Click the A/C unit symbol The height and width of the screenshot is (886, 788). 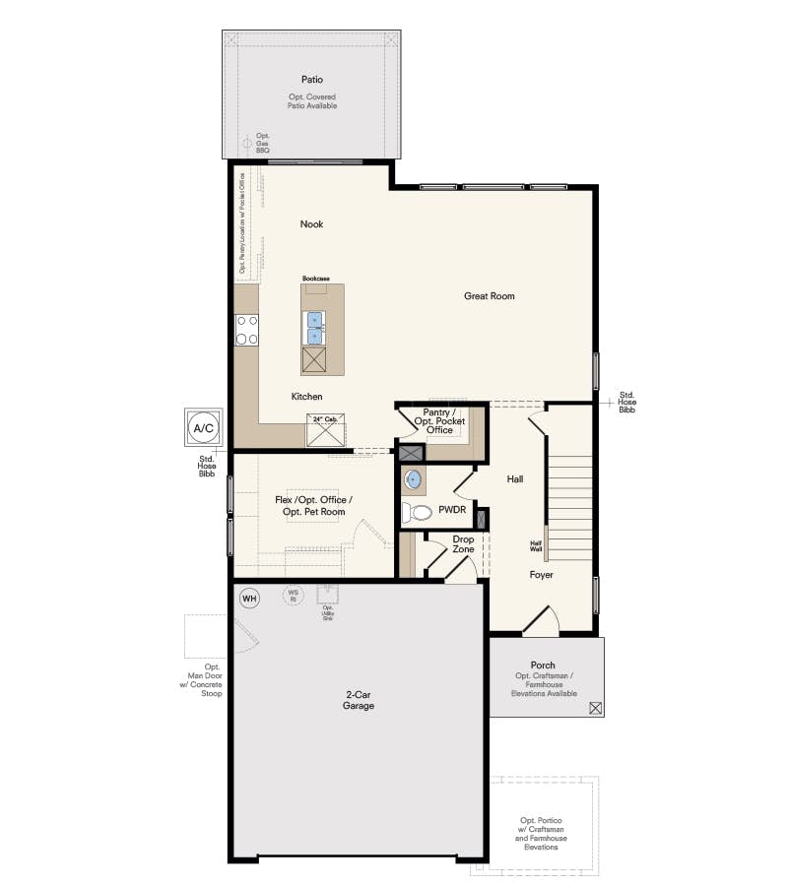tap(204, 428)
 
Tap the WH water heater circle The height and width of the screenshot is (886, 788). tap(249, 598)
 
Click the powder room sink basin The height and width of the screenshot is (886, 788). tap(414, 479)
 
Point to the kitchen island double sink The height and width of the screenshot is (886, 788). tap(315, 328)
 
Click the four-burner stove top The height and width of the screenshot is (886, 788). tap(246, 329)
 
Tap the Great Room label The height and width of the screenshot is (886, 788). tap(490, 295)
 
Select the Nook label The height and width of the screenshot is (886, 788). tap(311, 224)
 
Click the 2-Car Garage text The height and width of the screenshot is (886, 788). tap(357, 700)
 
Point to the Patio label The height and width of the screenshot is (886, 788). tap(312, 79)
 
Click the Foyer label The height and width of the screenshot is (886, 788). tap(541, 574)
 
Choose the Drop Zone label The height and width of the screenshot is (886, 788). tap(463, 544)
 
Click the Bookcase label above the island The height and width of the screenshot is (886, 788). tap(315, 279)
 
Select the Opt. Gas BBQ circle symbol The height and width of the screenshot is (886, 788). tap(246, 143)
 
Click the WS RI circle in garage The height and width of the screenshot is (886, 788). tap(293, 595)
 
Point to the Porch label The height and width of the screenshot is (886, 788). tap(543, 665)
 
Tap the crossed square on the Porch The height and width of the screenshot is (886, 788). tap(595, 707)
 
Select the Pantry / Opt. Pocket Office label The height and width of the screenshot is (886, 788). tap(440, 420)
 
